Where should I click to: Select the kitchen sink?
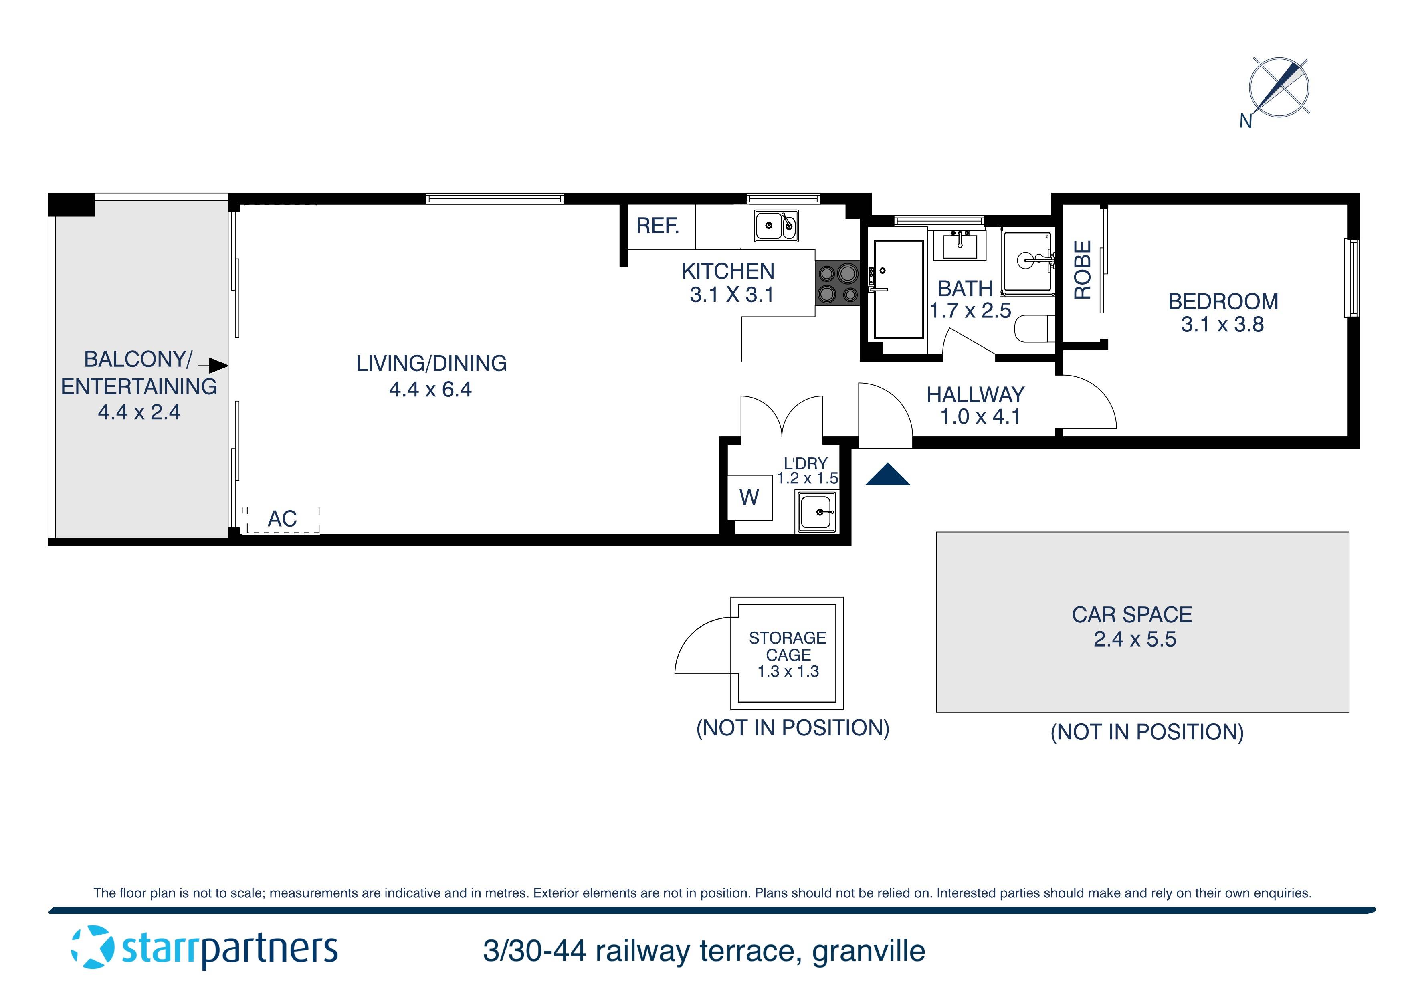click(x=775, y=226)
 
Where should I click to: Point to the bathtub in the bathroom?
click(x=898, y=289)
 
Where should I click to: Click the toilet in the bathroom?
click(x=1034, y=329)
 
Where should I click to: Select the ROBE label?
click(x=1083, y=269)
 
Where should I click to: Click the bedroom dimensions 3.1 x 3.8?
click(x=1222, y=325)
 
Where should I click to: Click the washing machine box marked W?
click(x=749, y=497)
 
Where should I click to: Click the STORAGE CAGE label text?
click(x=788, y=646)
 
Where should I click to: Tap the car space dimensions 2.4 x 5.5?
click(x=1134, y=639)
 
